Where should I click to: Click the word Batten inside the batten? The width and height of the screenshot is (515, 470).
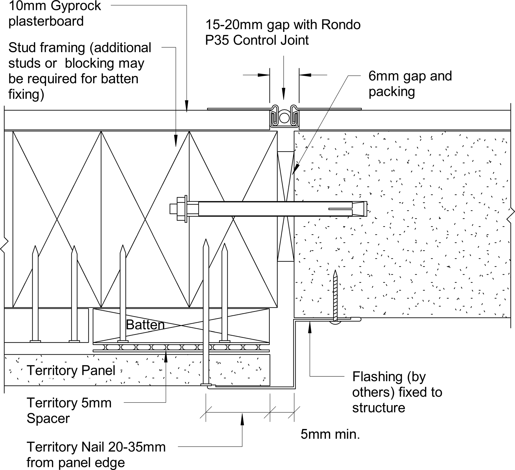tap(145, 325)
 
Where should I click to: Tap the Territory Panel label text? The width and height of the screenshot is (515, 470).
tap(71, 370)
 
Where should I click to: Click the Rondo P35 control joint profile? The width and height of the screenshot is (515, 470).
tap(284, 117)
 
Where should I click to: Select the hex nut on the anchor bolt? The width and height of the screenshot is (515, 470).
tap(181, 209)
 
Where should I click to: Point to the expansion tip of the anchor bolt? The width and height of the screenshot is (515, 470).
tap(360, 209)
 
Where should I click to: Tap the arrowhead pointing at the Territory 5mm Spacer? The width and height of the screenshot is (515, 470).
tap(166, 357)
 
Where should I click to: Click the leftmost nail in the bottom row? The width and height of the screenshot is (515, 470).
tap(35, 294)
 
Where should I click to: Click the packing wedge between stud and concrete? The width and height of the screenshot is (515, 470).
tap(286, 206)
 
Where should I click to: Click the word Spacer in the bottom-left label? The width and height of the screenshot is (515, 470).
tap(48, 418)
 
